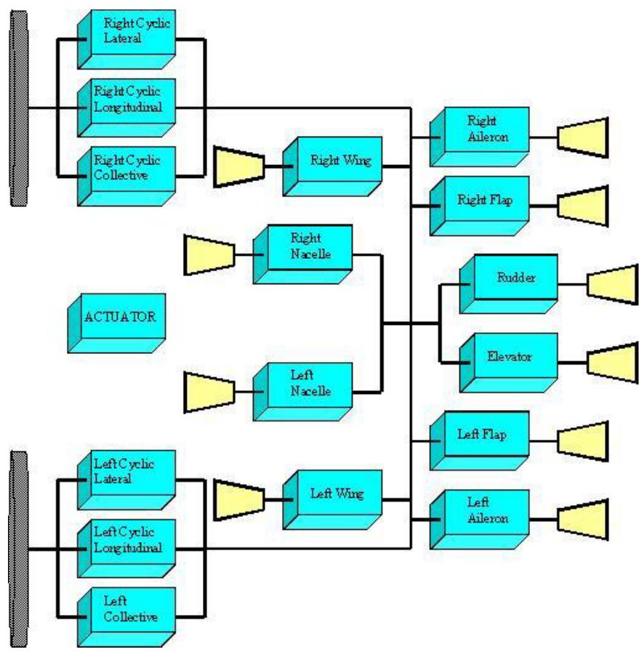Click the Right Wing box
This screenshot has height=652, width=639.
[x=337, y=163]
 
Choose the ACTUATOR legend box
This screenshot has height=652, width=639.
[x=120, y=320]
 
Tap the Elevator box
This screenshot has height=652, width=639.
[x=512, y=360]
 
